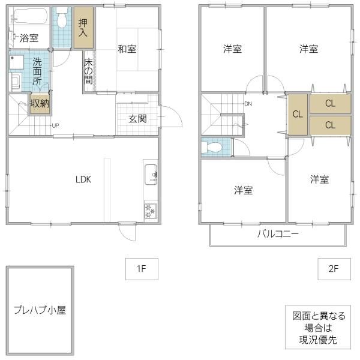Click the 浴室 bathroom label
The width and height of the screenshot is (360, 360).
[29, 38]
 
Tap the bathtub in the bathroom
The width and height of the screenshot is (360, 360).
[30, 16]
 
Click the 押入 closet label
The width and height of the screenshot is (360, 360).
[83, 28]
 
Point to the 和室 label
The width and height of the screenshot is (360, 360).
[127, 49]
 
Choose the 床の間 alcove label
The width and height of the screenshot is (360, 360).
[88, 71]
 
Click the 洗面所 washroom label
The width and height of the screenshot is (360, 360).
[37, 71]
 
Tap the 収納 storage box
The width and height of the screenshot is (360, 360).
[40, 104]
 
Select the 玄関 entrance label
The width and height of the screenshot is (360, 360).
[137, 119]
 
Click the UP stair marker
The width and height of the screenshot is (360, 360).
[55, 125]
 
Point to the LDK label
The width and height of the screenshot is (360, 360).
[83, 179]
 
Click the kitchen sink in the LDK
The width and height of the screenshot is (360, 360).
[151, 175]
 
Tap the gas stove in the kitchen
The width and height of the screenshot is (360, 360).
[151, 211]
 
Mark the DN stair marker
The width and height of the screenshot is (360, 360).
[248, 104]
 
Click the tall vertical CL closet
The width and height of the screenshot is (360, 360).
[298, 115]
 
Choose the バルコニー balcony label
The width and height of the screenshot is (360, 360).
[278, 234]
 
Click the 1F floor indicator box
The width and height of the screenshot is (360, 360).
[142, 269]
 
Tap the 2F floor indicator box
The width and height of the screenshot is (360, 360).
[334, 269]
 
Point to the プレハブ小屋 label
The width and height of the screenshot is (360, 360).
[40, 310]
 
